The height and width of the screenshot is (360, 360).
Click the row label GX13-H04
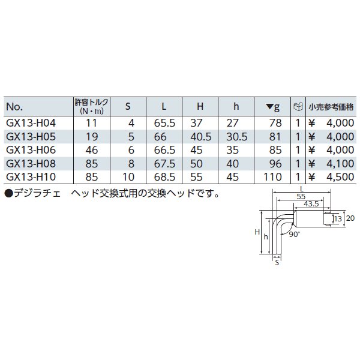click(x=31, y=123)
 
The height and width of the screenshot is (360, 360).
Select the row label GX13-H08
click(x=31, y=164)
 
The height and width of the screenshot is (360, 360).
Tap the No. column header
click(x=14, y=107)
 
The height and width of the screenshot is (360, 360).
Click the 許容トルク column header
click(x=91, y=106)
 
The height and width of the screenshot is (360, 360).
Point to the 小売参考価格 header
click(x=331, y=107)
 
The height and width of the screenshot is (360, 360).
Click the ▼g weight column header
click(x=273, y=107)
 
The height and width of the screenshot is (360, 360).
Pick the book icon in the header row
click(x=298, y=107)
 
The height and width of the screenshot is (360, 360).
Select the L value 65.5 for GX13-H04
click(x=164, y=123)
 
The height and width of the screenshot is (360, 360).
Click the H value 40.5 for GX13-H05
click(x=200, y=137)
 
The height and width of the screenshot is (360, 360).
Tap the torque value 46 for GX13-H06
click(x=92, y=150)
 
